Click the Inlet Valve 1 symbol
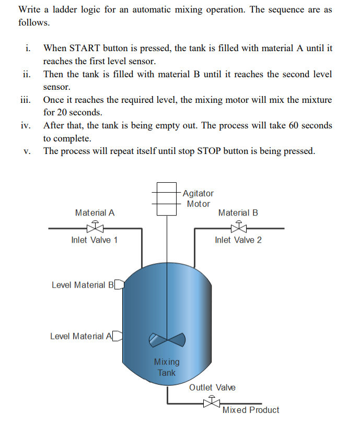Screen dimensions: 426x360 pos(95,227)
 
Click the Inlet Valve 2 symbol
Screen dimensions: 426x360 pos(238,227)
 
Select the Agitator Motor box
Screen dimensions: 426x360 pos(166,198)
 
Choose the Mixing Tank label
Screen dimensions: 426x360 pos(167,367)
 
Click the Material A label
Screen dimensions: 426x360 pos(95,212)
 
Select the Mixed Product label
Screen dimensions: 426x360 pos(251,410)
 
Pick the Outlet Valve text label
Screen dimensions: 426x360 pos(212,387)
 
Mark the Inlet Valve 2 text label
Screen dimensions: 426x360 pos(238,240)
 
